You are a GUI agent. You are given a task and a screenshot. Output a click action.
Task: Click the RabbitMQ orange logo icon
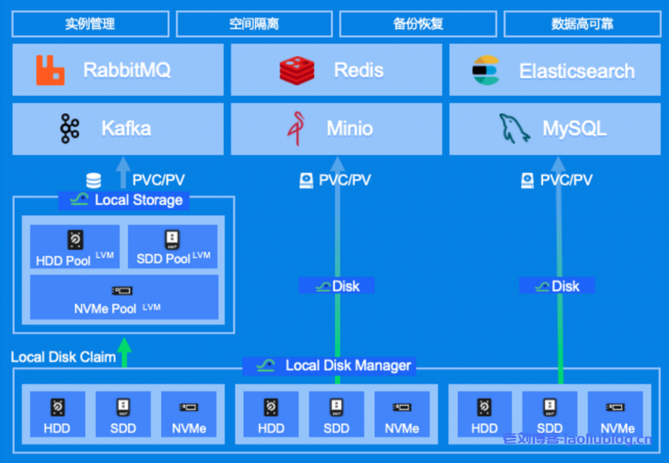50,71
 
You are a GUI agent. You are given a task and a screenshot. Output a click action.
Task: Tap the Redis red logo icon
297,71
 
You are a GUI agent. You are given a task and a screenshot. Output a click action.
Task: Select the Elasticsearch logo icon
485,71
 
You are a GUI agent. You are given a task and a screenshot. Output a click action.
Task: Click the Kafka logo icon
69,128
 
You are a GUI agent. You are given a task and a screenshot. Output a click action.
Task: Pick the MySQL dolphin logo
515,128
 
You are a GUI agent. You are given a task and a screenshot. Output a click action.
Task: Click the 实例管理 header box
90,24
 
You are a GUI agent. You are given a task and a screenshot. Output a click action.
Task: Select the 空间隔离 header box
254,24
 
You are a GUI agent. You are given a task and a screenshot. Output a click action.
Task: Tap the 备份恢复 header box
418,24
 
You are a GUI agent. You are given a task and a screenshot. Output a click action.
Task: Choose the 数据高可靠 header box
582,24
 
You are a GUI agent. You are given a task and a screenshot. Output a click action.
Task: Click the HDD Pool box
74,247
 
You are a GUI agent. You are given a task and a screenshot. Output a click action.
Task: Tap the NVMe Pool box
124,297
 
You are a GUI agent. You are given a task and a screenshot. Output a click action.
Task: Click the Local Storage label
124,200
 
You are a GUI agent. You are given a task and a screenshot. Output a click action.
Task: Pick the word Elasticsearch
577,71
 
